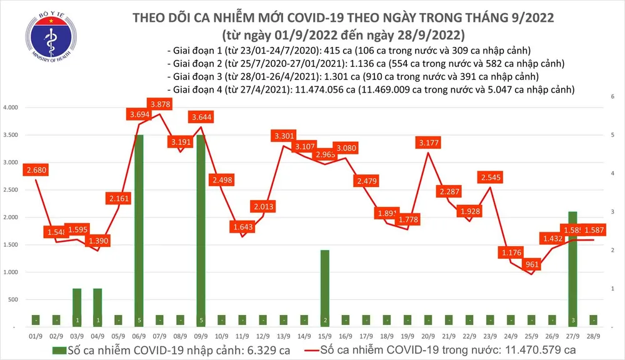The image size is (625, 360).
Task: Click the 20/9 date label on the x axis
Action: tap(427, 335)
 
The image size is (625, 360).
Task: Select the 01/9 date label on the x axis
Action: tap(36, 335)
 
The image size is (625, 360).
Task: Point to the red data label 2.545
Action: tap(494, 176)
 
